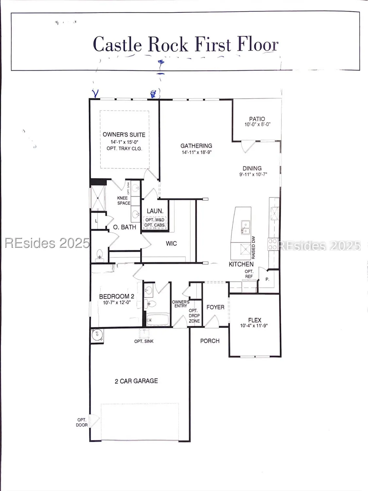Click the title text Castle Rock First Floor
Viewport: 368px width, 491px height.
click(185, 44)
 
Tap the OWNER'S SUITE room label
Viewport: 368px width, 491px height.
click(124, 135)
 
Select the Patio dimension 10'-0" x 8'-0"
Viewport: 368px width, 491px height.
click(257, 124)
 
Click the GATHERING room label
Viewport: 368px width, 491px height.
click(196, 146)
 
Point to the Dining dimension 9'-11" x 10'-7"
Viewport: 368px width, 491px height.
click(253, 174)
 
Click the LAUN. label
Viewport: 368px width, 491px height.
click(155, 211)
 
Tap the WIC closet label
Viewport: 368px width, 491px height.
click(171, 244)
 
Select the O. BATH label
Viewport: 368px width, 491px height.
click(124, 227)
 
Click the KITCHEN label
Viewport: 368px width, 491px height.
click(241, 264)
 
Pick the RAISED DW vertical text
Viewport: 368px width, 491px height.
click(254, 247)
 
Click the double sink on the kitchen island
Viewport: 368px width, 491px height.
click(245, 227)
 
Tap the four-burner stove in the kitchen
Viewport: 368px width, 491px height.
click(273, 244)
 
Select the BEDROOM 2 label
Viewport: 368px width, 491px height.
click(116, 296)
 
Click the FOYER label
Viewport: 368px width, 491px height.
click(215, 307)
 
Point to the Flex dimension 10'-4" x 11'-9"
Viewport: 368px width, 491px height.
click(254, 326)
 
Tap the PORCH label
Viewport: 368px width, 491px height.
click(210, 341)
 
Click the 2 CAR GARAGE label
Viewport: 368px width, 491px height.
click(136, 381)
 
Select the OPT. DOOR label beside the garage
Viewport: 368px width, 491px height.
click(82, 422)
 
